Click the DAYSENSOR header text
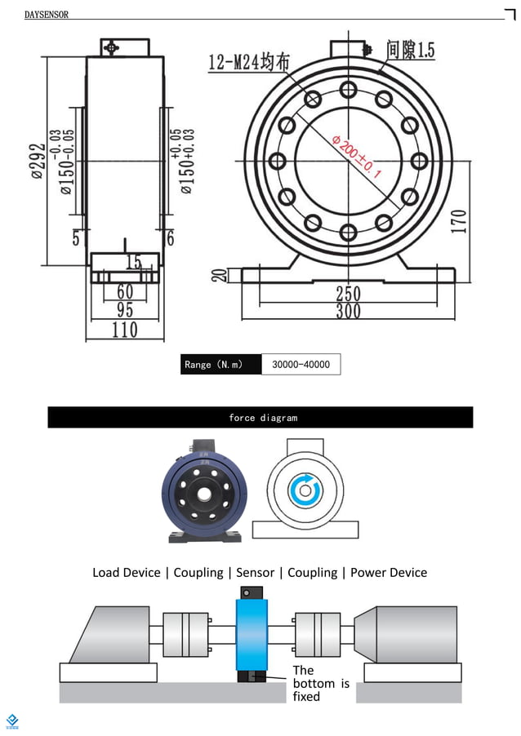point(47,15)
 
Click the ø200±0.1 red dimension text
point(357,157)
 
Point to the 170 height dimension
point(459,221)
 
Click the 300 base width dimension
point(348,311)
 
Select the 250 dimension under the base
point(348,294)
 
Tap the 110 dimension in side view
point(125,330)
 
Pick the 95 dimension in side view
point(125,310)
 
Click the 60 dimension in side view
point(125,292)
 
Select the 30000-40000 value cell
point(301,365)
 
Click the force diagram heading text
point(263,418)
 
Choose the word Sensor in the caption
point(256,573)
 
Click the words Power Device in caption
point(389,573)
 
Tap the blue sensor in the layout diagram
point(252,632)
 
